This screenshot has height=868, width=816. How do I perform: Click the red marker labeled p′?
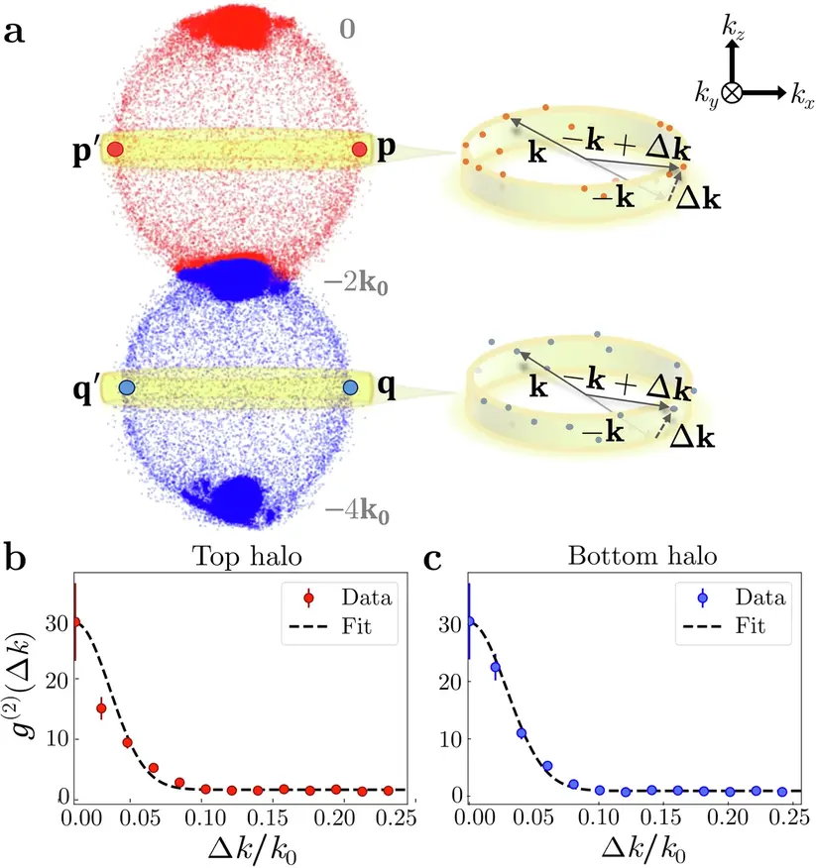pos(115,150)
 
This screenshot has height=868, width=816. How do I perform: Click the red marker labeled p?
pos(360,150)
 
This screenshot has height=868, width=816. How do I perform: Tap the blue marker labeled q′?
pos(127,387)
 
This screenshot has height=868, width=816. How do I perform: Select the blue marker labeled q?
pos(350,387)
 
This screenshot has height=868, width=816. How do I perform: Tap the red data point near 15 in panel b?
pos(101,708)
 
